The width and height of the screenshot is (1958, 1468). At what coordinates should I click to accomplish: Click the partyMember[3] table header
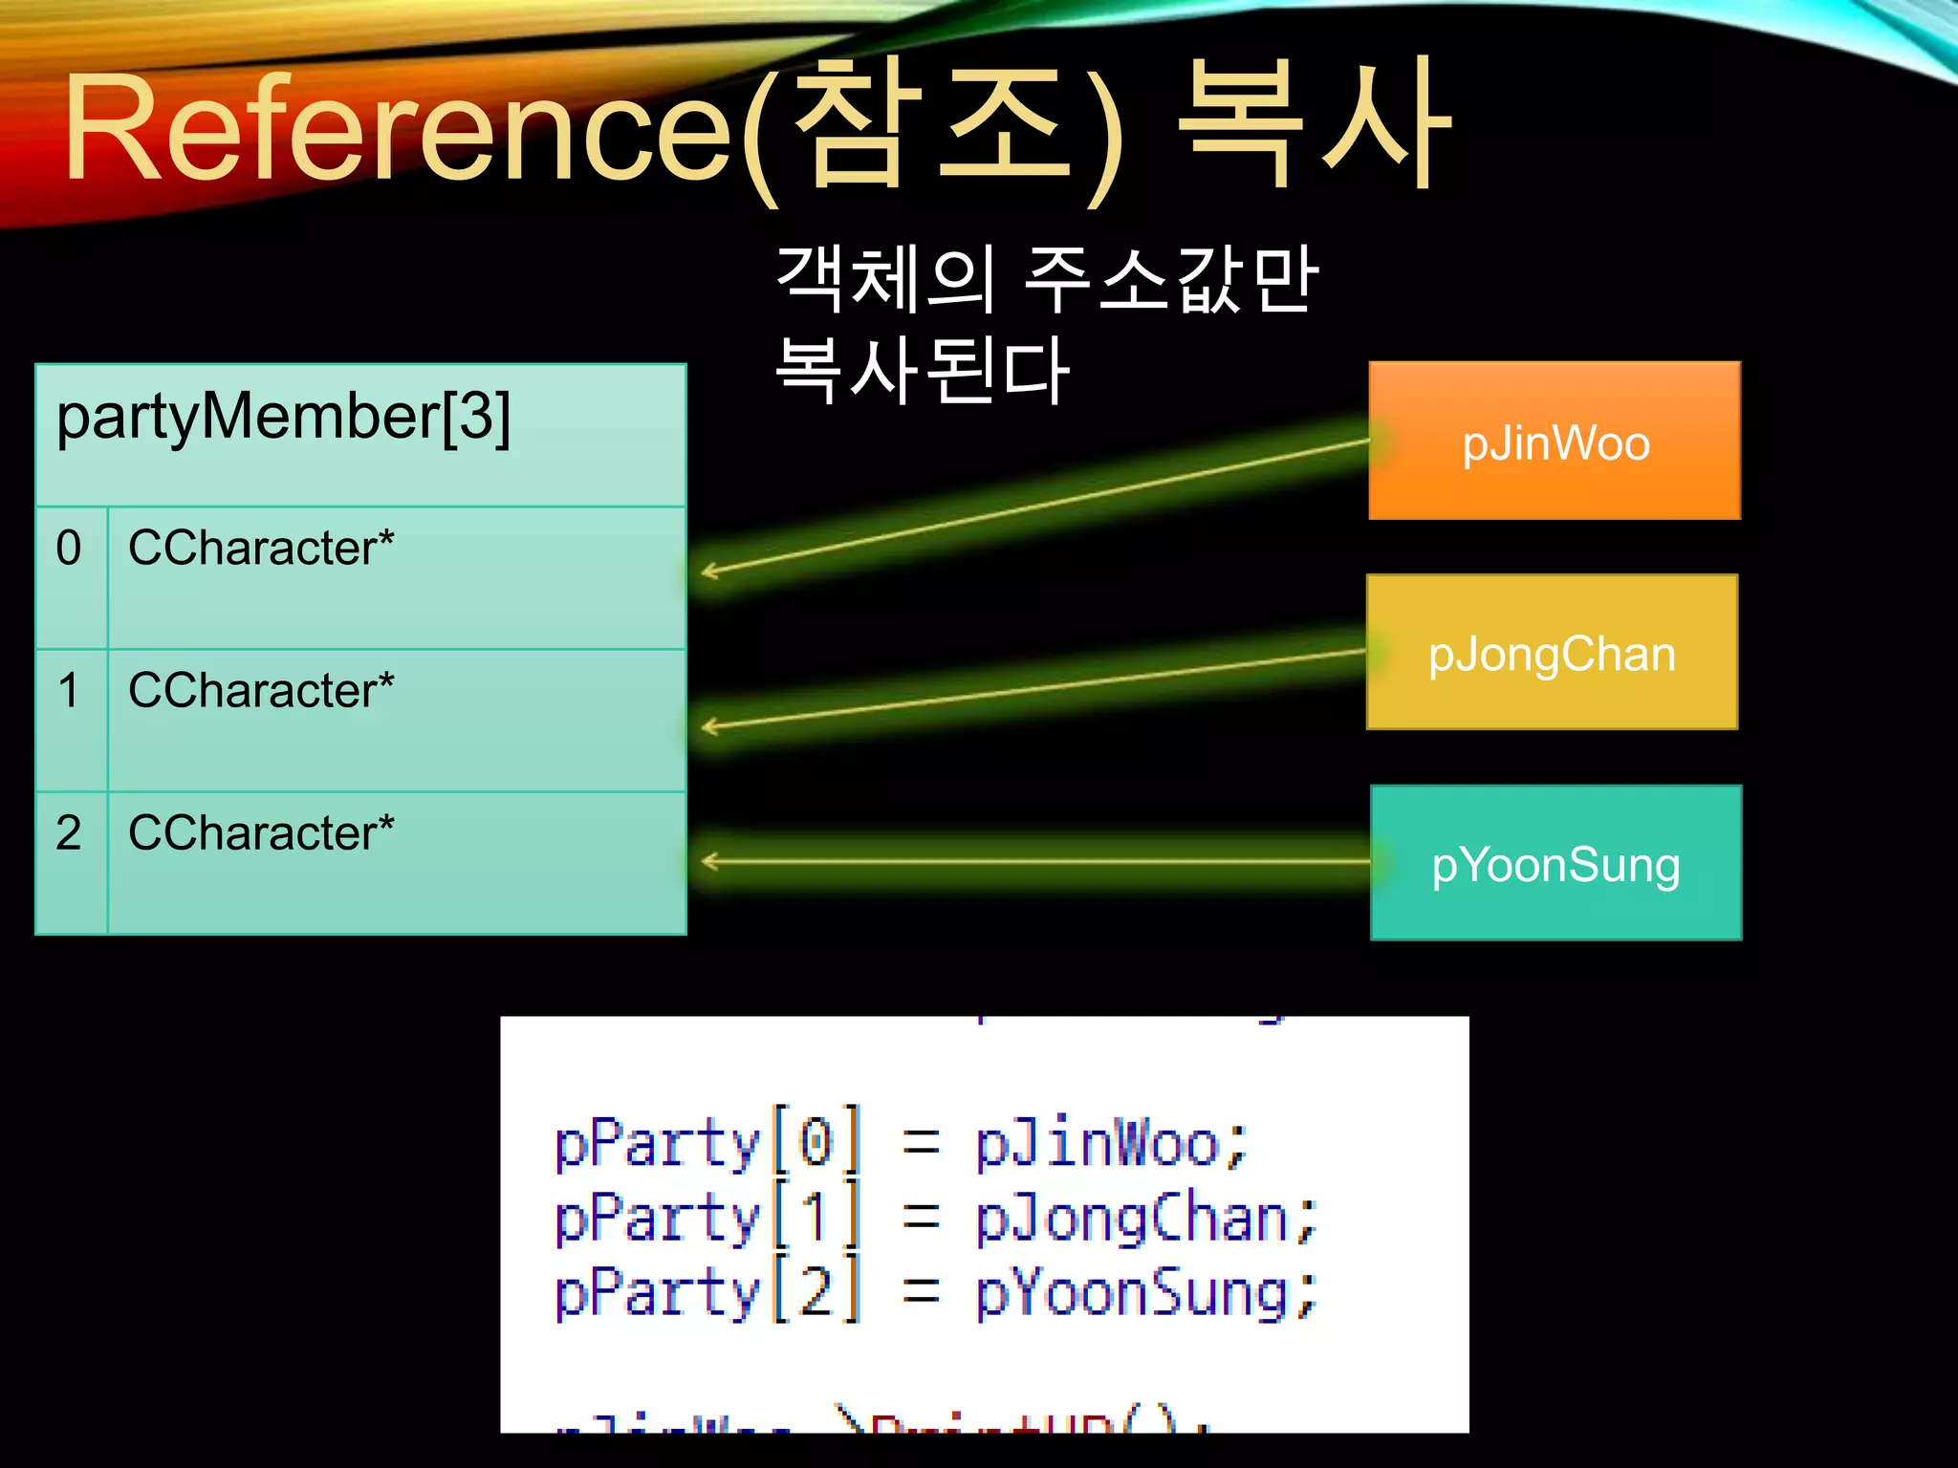pyautogui.click(x=284, y=417)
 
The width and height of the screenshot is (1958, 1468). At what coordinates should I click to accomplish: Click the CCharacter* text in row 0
pyautogui.click(x=261, y=549)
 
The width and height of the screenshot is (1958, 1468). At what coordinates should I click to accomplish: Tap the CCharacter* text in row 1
pyautogui.click(x=261, y=690)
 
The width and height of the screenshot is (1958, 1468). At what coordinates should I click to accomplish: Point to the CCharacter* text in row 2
pyautogui.click(x=261, y=832)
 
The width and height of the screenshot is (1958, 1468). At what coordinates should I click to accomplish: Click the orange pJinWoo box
pyautogui.click(x=1555, y=442)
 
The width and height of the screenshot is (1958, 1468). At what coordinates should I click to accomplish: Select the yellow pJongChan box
pyautogui.click(x=1552, y=653)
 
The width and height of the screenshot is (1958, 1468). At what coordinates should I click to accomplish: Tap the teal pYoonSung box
pyautogui.click(x=1556, y=863)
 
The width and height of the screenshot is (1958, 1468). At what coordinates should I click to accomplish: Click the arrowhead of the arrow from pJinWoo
pyautogui.click(x=707, y=572)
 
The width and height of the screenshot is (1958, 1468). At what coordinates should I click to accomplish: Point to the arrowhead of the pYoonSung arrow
pyautogui.click(x=707, y=862)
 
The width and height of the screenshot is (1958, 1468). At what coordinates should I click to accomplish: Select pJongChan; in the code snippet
pyautogui.click(x=1145, y=1219)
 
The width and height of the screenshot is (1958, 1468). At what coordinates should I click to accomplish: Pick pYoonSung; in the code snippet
pyautogui.click(x=1145, y=1293)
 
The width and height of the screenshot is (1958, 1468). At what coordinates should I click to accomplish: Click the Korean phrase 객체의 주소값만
pyautogui.click(x=1047, y=279)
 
